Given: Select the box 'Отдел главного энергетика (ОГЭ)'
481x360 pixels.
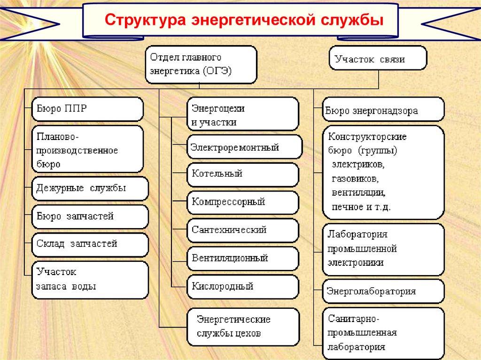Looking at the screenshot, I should tap(201, 64).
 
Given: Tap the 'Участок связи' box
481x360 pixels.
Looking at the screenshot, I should tap(378, 58).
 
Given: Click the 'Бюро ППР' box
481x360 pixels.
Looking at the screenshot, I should tap(87, 109).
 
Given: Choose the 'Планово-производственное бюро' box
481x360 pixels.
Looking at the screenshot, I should tap(87, 149).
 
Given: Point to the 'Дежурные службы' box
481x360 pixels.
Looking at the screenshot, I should tap(90, 189).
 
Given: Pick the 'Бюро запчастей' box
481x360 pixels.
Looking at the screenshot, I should tap(90, 217).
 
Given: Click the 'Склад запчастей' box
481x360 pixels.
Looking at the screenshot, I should tap(90, 244).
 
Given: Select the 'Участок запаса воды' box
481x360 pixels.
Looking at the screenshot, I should tap(90, 279).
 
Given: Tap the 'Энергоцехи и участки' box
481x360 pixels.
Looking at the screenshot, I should tap(242, 114).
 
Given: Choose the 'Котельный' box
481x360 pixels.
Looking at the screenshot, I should tap(242, 174).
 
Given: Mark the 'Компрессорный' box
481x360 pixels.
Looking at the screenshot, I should tap(242, 202).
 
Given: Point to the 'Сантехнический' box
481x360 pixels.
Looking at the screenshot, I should tap(242, 230).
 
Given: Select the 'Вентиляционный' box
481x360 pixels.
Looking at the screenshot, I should tap(242, 258).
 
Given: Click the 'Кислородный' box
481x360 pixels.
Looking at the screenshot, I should tap(242, 286).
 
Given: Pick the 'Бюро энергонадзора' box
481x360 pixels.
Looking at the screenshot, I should tap(383, 110).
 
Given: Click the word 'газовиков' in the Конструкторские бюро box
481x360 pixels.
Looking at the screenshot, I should tap(356, 179).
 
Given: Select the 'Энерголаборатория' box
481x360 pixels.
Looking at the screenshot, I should tap(383, 291).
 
